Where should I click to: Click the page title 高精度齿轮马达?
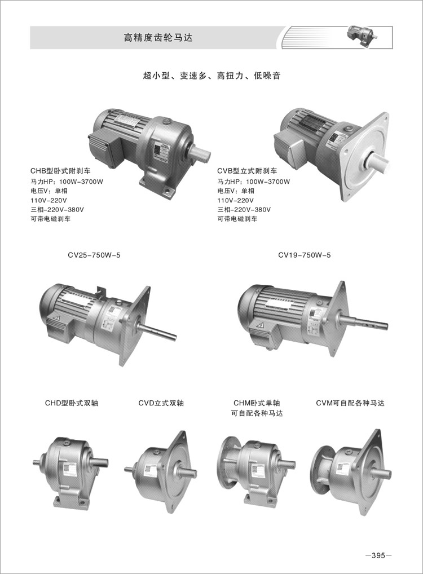[x=158, y=38]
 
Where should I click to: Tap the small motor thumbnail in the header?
[x=362, y=36]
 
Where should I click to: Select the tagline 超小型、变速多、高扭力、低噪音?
[x=211, y=76]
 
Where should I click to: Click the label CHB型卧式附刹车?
[x=60, y=171]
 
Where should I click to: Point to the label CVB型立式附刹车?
[x=247, y=171]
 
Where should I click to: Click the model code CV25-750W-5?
[x=94, y=255]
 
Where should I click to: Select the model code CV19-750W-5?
[x=305, y=255]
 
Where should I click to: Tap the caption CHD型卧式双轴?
[x=72, y=403]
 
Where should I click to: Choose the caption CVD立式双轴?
[x=161, y=403]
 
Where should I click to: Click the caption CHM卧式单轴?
[x=257, y=403]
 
